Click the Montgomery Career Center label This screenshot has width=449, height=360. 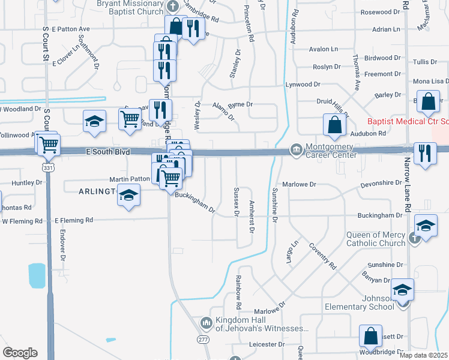[x=331, y=151]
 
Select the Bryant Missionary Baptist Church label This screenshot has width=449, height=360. [x=130, y=7]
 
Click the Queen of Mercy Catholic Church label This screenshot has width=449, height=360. [x=376, y=239]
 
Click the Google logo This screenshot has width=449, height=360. [x=20, y=353]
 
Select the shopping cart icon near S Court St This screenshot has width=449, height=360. [x=49, y=144]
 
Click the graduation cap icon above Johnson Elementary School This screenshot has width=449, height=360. [x=402, y=290]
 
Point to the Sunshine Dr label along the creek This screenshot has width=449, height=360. [x=275, y=208]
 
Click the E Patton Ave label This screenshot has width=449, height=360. [x=70, y=29]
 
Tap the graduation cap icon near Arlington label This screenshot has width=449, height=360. [x=128, y=196]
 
